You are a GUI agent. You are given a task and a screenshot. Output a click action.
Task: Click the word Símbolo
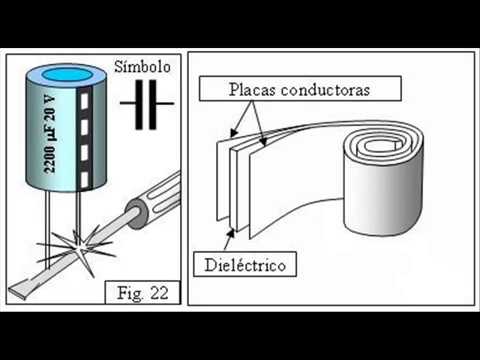(x=142, y=67)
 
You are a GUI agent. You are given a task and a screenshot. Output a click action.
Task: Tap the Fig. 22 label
(x=143, y=293)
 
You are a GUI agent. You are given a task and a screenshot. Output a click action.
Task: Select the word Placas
(x=252, y=89)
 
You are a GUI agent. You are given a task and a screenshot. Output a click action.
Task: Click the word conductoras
(x=325, y=90)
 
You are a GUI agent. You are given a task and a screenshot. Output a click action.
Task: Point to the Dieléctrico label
(x=245, y=265)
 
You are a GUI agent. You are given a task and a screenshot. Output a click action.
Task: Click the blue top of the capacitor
(x=67, y=75)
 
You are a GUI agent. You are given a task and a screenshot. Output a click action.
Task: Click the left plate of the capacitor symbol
(x=139, y=104)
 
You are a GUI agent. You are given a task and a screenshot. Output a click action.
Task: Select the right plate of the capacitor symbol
(x=152, y=104)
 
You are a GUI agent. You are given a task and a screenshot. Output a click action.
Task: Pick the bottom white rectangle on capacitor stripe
(x=85, y=179)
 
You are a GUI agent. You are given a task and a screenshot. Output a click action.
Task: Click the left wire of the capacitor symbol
(x=128, y=104)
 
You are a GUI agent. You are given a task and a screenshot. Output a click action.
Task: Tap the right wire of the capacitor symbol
(x=165, y=104)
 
